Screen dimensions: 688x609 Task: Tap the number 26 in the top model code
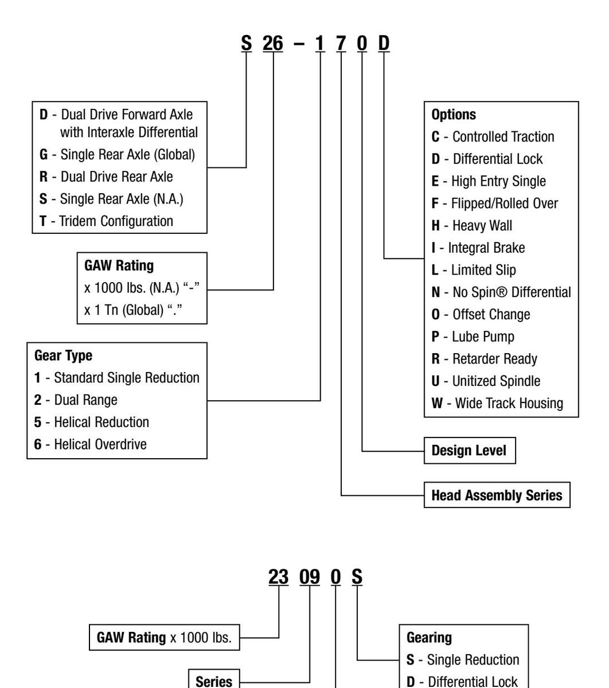coord(273,44)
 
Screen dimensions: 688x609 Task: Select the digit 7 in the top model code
coord(341,44)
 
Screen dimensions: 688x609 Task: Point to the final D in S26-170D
coord(384,44)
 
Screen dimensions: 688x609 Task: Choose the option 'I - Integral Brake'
coord(478,248)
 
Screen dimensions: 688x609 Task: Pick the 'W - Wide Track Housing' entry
coord(497,403)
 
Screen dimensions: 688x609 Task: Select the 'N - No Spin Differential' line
coord(501,292)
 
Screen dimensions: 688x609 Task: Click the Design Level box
coord(469,451)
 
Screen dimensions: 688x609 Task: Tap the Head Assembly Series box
coord(497,495)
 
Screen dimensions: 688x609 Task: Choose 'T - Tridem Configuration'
coord(106,221)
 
